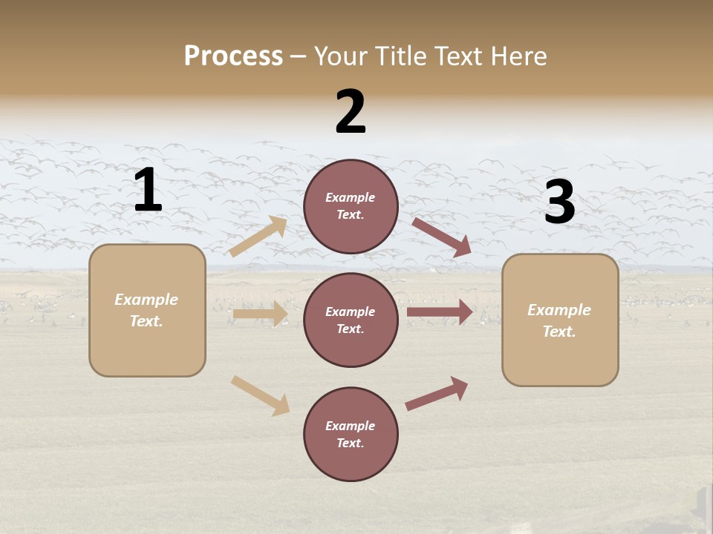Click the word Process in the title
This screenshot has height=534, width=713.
(x=233, y=56)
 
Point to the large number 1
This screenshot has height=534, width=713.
(x=148, y=191)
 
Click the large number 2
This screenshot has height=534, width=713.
(x=351, y=112)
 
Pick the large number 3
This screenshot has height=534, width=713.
(x=559, y=202)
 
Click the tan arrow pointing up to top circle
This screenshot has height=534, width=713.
(x=258, y=237)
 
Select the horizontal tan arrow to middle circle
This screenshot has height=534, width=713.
(x=260, y=314)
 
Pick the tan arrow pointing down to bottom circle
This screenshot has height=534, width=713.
(x=261, y=395)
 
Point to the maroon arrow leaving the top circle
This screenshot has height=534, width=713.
(x=442, y=237)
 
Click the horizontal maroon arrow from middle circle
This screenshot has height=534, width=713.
(x=440, y=311)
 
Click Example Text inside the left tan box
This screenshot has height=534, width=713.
(x=146, y=310)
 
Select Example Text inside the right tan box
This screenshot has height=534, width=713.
(x=559, y=320)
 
